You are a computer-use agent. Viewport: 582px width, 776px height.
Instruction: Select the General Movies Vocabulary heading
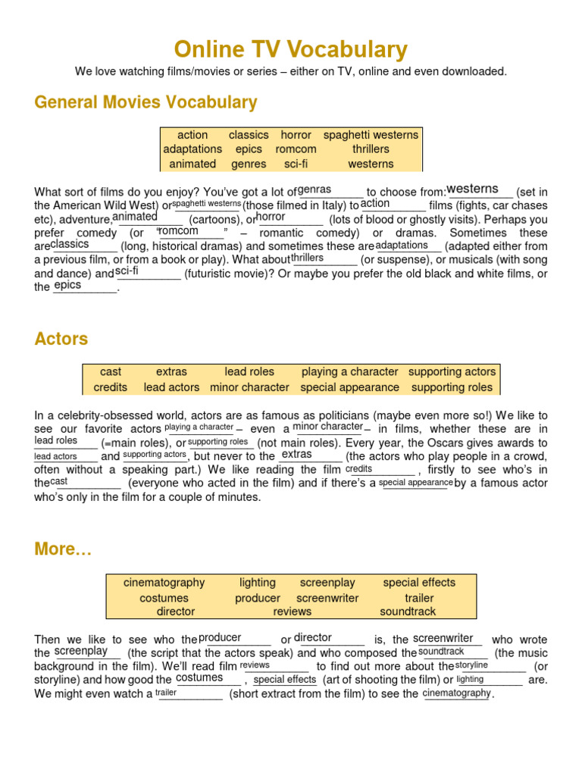click(x=145, y=102)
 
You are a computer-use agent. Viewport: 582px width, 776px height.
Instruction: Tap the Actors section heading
click(x=61, y=339)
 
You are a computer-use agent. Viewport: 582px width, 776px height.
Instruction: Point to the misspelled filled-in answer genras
click(x=314, y=189)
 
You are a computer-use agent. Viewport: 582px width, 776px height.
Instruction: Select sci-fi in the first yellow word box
click(x=296, y=164)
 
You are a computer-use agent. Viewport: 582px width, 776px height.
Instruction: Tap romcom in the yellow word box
click(x=296, y=149)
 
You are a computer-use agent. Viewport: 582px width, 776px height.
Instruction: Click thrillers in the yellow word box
click(x=371, y=149)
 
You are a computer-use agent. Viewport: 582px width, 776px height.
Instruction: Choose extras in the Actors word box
click(x=171, y=372)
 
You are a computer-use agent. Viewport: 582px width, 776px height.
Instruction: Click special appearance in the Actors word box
click(x=349, y=387)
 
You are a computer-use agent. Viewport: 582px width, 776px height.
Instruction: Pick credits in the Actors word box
click(x=111, y=387)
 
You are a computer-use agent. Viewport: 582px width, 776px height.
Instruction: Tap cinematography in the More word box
click(x=164, y=583)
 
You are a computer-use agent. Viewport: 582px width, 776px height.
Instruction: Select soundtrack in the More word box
click(x=408, y=612)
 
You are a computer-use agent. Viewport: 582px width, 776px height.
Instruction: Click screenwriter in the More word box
click(x=327, y=598)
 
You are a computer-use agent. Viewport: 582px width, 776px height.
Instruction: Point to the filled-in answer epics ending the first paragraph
click(x=67, y=286)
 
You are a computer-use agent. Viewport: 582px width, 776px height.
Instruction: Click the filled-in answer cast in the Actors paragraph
click(x=58, y=481)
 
